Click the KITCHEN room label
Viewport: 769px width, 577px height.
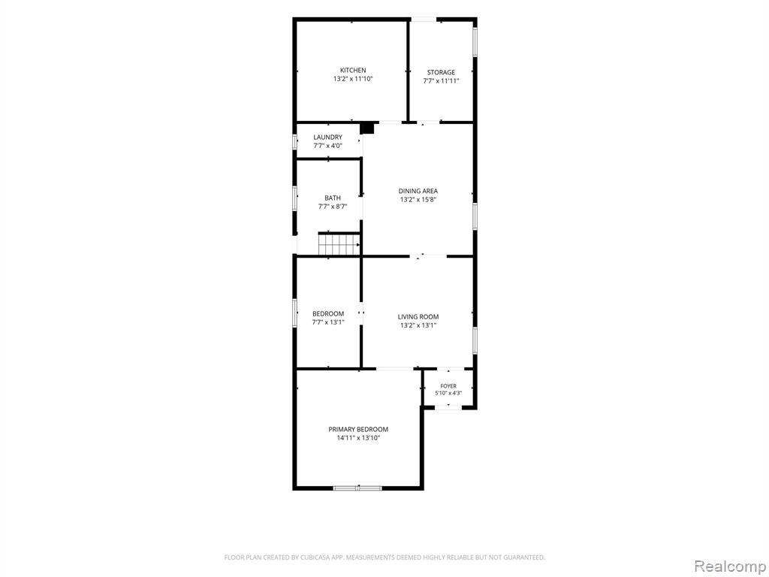353,70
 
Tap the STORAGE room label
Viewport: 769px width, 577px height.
441,73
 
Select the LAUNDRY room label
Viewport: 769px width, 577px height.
327,137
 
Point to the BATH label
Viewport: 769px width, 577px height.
333,198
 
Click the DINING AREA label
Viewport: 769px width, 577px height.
418,191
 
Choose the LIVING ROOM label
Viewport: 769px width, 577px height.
418,317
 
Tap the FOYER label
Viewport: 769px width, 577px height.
448,386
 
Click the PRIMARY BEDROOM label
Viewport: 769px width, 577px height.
358,429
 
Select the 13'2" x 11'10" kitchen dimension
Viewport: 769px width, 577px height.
353,78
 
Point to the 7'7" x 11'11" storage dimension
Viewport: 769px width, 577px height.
441,81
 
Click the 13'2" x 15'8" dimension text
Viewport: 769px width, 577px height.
418,199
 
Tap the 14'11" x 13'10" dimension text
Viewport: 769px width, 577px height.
358,438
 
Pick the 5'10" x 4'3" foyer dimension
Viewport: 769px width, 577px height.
448,393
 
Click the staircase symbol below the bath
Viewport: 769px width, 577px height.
339,244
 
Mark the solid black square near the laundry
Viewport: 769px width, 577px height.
366,128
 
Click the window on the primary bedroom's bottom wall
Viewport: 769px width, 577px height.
357,488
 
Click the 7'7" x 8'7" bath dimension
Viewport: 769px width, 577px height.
333,207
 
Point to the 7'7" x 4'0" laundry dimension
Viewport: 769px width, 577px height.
327,146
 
